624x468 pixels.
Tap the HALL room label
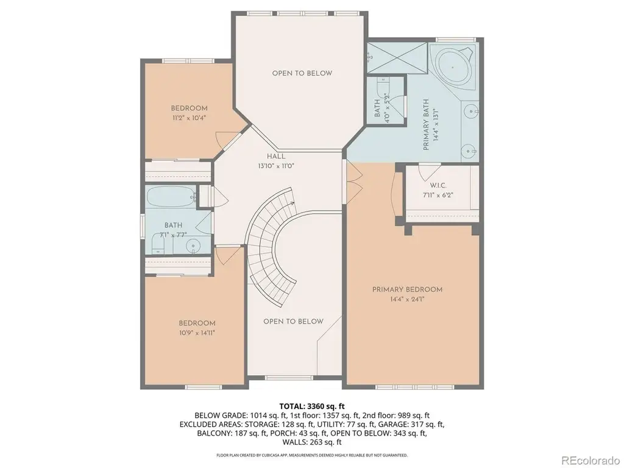click(x=276, y=157)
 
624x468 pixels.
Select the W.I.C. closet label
click(x=438, y=185)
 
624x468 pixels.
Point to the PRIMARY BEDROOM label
click(x=407, y=289)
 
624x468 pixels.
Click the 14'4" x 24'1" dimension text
click(x=407, y=299)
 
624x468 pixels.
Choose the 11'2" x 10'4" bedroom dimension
click(x=189, y=118)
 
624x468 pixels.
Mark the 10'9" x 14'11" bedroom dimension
click(x=197, y=333)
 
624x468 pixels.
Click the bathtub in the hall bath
click(x=171, y=197)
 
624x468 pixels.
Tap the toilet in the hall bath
click(x=158, y=244)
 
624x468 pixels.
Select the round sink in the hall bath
click(x=193, y=246)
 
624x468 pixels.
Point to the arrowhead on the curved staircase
click(x=292, y=204)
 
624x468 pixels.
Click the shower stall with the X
click(x=397, y=57)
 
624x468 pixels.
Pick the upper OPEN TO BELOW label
click(x=302, y=73)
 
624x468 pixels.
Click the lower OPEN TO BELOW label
click(x=293, y=322)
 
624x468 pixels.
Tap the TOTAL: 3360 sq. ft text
click(x=311, y=406)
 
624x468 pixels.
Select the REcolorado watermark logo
click(x=590, y=460)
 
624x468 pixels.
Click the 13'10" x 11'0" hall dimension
click(x=276, y=166)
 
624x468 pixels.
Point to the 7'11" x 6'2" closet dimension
click(x=438, y=196)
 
